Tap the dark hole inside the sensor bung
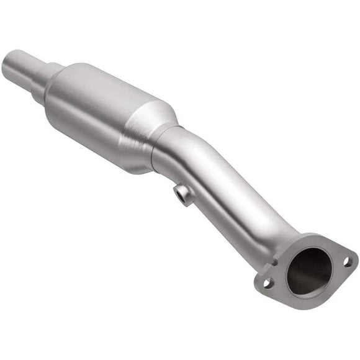[x=183, y=197]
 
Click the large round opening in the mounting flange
[x=308, y=271]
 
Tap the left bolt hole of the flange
[x=268, y=282]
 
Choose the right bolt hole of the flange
[x=348, y=261]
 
